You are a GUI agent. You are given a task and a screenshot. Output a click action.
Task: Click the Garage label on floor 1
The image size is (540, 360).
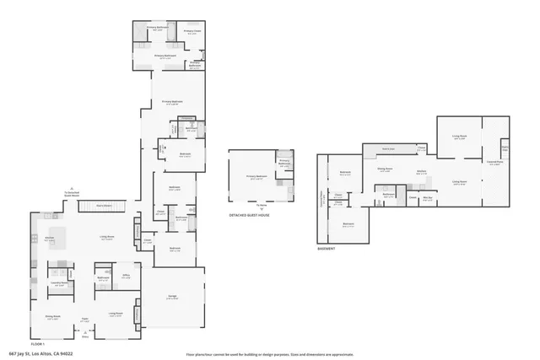pyautogui.click(x=172, y=298)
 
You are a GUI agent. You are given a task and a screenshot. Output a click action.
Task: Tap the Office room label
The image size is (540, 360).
pyautogui.click(x=126, y=276)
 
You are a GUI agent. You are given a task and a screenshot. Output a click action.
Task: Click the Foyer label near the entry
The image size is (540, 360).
pyautogui.click(x=84, y=321)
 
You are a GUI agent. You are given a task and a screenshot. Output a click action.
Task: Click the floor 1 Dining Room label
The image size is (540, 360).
pyautogui.click(x=52, y=318)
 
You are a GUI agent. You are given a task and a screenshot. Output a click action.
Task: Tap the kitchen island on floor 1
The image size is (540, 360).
pyautogui.click(x=59, y=234)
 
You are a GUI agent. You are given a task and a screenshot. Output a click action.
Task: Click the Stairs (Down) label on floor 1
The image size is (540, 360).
pyautogui.click(x=105, y=205)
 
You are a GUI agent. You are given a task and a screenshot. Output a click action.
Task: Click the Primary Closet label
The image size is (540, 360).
pyautogui.click(x=192, y=32)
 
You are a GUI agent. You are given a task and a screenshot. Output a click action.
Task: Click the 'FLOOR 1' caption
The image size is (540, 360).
pyautogui.click(x=37, y=344)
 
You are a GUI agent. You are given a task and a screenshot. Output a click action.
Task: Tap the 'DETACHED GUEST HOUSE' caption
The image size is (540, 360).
pyautogui.click(x=250, y=215)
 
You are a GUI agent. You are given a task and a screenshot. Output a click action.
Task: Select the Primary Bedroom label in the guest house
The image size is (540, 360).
pyautogui.click(x=254, y=177)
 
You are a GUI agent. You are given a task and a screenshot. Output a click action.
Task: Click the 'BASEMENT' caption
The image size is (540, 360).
pyautogui.click(x=326, y=249)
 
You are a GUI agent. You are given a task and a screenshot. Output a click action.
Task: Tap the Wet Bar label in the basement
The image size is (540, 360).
pyautogui.click(x=427, y=199)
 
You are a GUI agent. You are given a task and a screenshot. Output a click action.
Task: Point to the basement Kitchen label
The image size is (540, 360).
pyautogui.click(x=421, y=169)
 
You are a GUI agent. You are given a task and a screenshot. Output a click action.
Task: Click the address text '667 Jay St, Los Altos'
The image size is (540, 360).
pyautogui.click(x=40, y=353)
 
